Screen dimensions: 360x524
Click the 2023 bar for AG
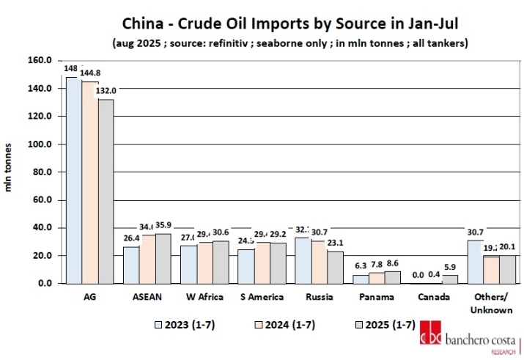[74, 180]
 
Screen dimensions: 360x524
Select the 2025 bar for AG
[106, 191]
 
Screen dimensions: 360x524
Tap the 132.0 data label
[107, 90]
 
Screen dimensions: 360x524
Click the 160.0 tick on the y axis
[40, 60]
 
